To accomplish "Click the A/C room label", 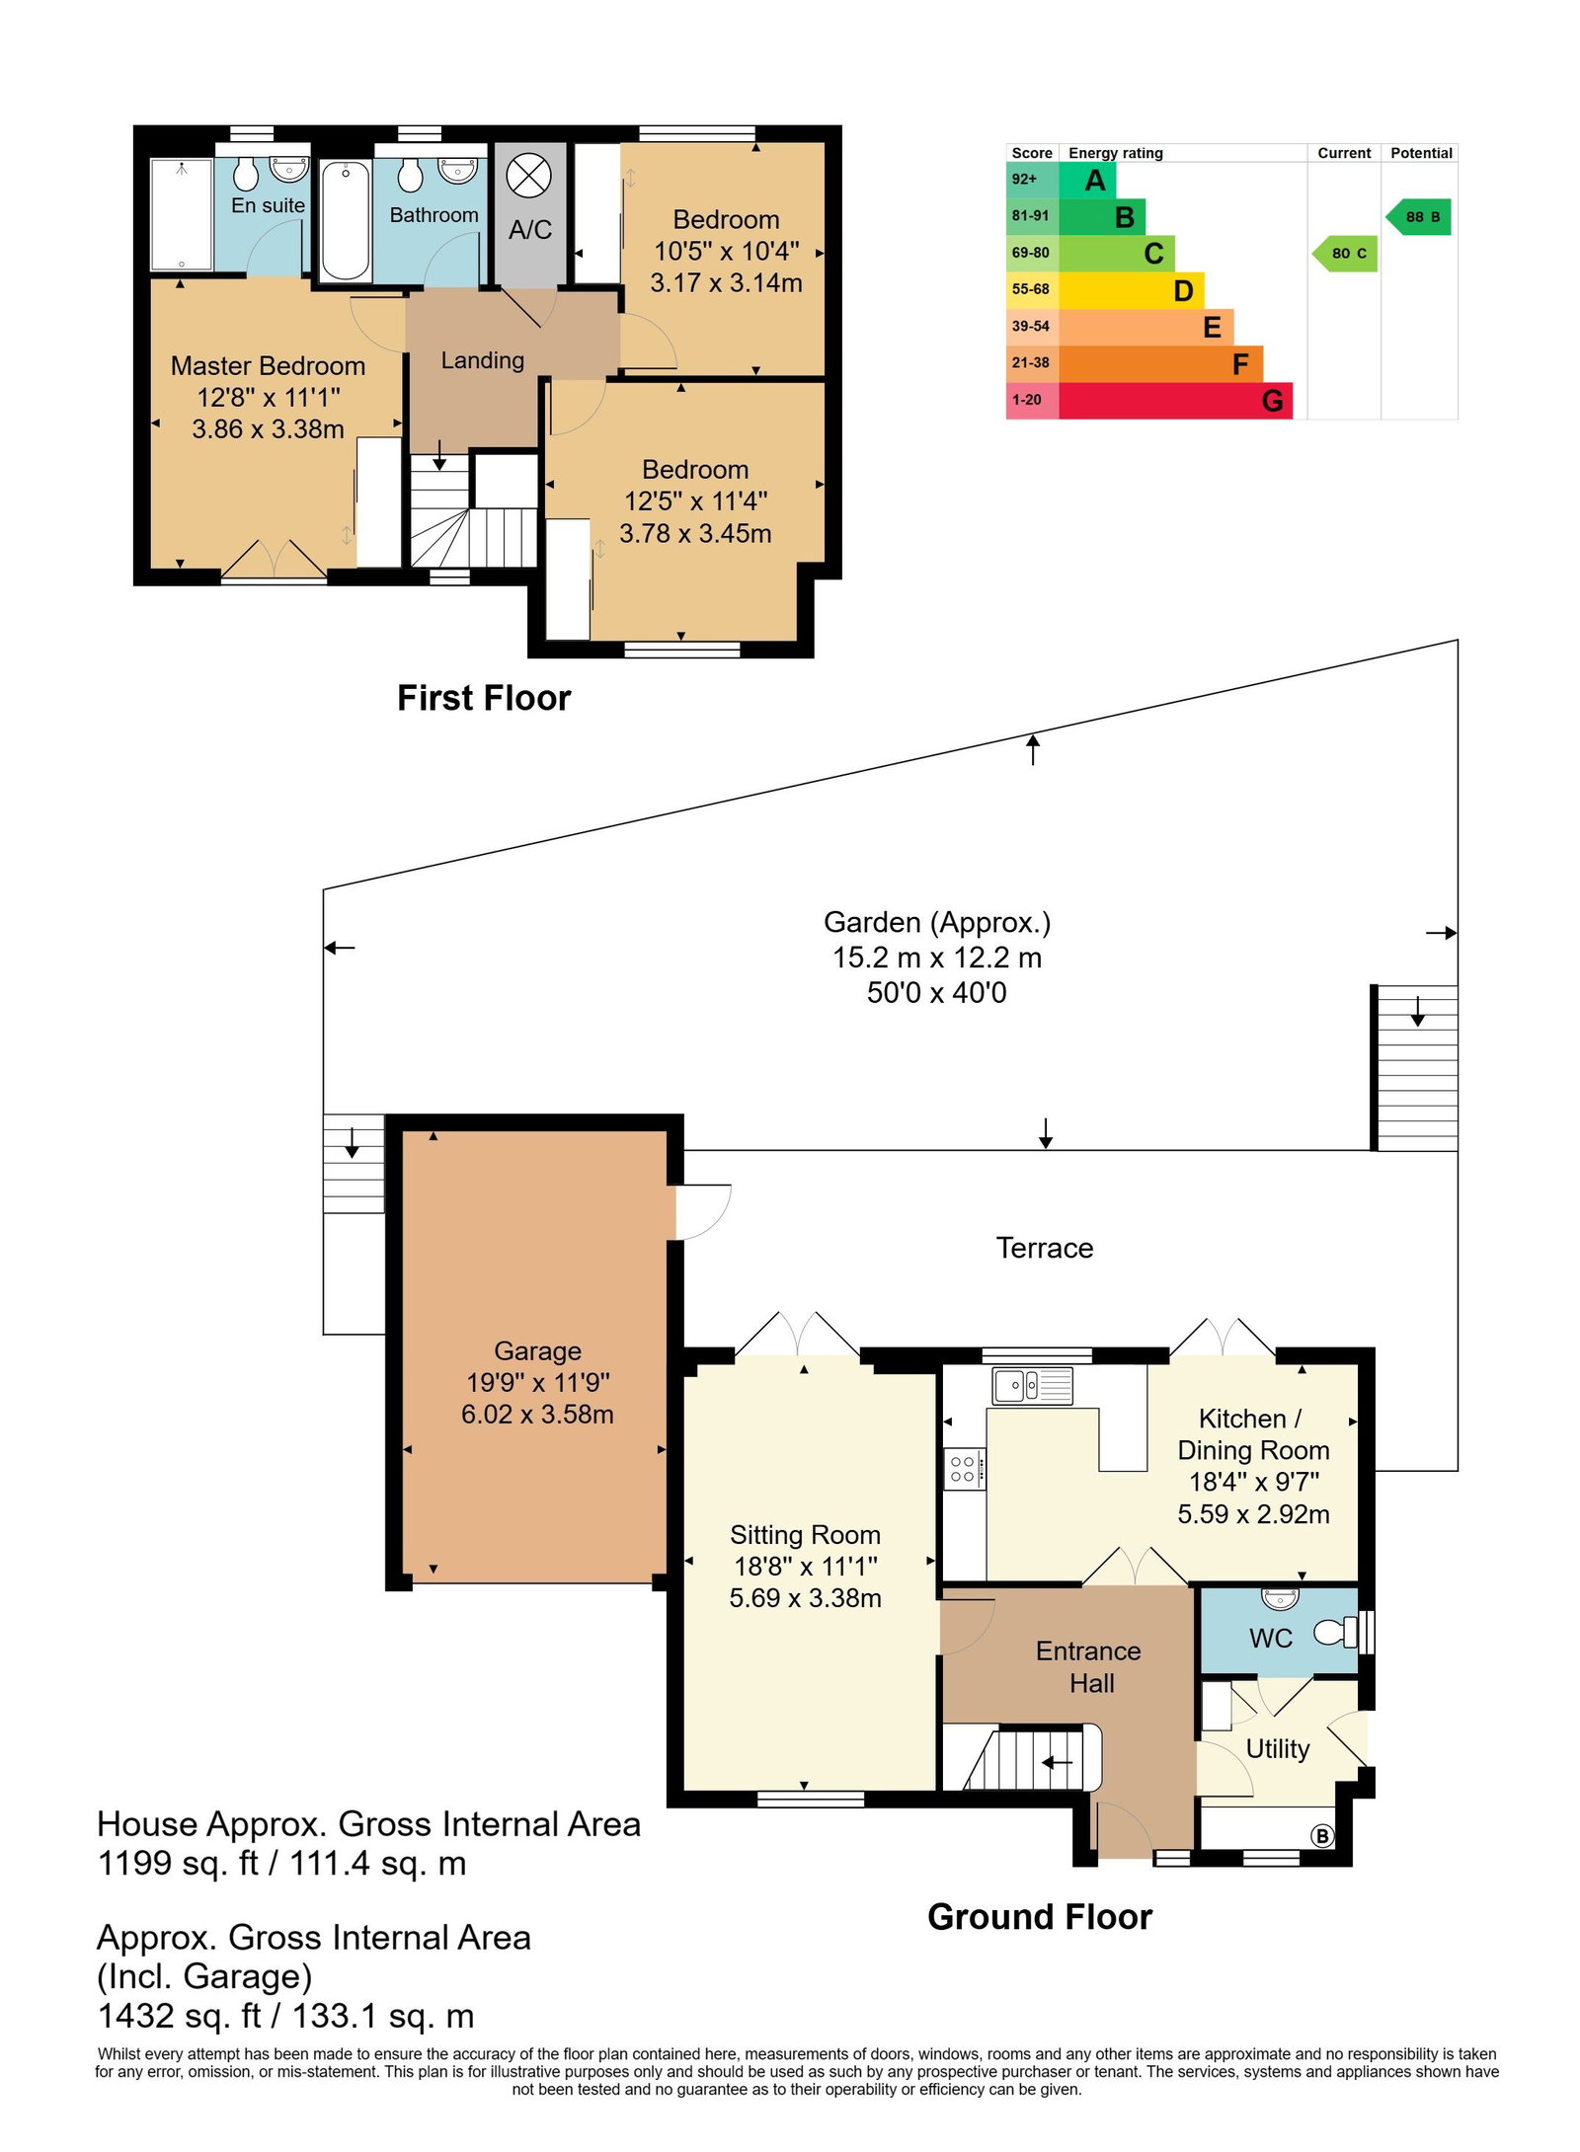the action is [529, 230].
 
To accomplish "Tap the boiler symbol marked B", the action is [1321, 1836].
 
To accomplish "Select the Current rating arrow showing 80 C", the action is [1344, 254].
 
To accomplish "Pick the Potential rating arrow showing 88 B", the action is [1418, 217].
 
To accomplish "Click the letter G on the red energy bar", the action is [1272, 401].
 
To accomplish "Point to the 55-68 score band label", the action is [1030, 289].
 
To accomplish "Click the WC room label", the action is [1270, 1639].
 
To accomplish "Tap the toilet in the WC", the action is [1335, 1633].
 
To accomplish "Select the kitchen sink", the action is [1032, 1385].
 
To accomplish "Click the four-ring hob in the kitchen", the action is [964, 1469].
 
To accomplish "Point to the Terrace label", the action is [1045, 1248].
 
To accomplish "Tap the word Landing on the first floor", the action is [482, 360].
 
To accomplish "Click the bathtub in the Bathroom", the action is [347, 221].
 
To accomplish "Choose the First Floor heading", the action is [484, 698].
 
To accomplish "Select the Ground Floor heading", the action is [1040, 1917].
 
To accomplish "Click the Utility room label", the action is [1278, 1749].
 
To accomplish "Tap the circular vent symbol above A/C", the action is [528, 177].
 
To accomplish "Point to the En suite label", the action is [268, 205].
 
